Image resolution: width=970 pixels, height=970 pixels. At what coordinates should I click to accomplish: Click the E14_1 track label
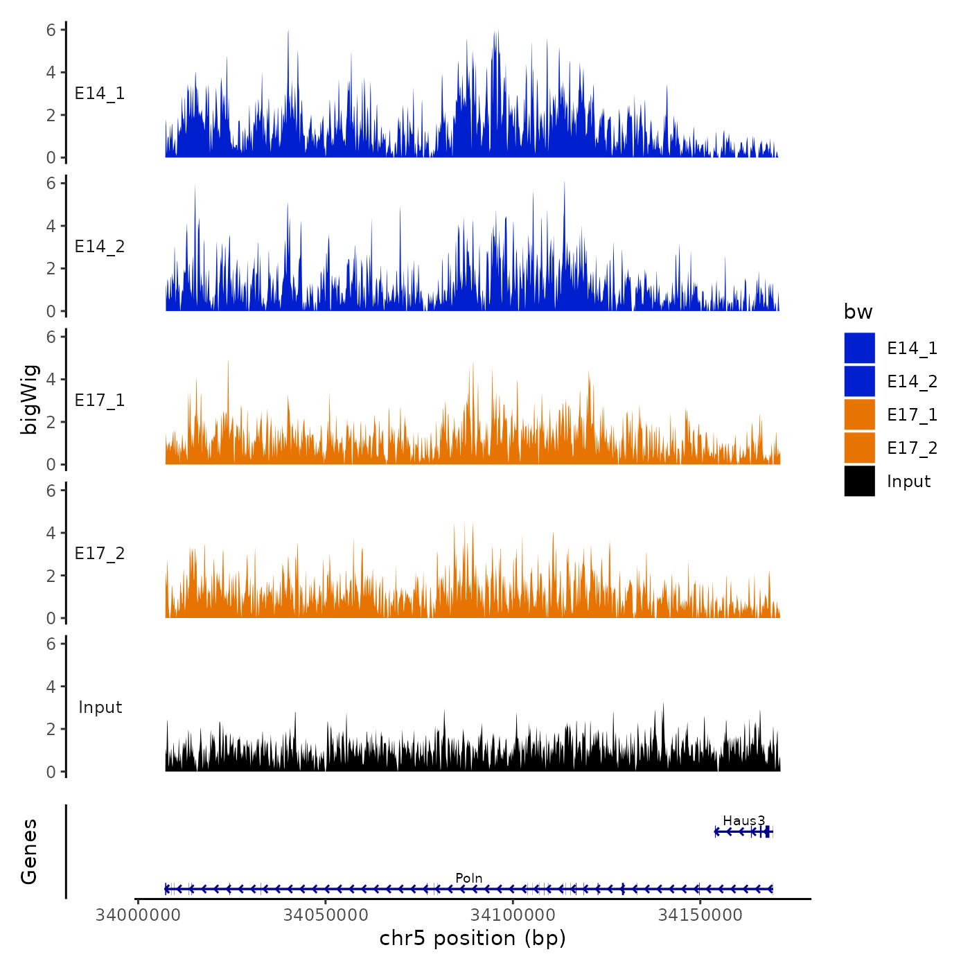coord(100,94)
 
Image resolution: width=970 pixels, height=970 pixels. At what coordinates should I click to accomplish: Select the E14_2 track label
coord(100,247)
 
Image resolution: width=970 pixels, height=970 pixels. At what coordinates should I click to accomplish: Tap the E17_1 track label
coord(100,400)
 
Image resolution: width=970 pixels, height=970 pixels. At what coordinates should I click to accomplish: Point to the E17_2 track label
coord(100,554)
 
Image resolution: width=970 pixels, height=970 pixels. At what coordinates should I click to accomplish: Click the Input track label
coord(100,707)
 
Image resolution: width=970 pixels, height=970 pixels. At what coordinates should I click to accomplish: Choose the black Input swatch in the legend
coord(859,481)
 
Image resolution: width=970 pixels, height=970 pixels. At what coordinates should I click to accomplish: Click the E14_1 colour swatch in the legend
coord(859,348)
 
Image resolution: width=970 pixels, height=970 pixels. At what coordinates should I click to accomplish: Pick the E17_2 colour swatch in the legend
coord(859,448)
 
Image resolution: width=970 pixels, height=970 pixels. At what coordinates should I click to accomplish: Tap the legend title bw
coord(858,312)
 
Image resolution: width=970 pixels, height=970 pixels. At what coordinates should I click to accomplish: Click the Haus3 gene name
coord(743,821)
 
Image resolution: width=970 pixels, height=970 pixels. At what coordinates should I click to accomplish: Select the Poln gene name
coord(469,879)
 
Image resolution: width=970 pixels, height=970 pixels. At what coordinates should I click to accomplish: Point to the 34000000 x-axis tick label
coord(138,915)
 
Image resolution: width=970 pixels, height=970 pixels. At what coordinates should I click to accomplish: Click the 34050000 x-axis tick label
coord(326,915)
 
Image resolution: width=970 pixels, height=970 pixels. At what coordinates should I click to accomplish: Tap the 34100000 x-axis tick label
coord(513,915)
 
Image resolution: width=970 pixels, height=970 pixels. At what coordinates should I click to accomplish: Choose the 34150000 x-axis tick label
coord(700,915)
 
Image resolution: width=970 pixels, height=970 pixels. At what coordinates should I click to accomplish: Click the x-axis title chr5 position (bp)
coord(473,938)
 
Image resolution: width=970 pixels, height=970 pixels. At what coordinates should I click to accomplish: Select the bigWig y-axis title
coord(30,400)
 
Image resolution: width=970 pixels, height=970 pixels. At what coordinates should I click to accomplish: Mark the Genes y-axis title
coord(29,852)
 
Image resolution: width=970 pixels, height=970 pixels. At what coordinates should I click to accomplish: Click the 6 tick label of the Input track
coord(51,644)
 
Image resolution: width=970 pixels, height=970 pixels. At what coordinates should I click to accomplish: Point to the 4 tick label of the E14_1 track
coord(51,72)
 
